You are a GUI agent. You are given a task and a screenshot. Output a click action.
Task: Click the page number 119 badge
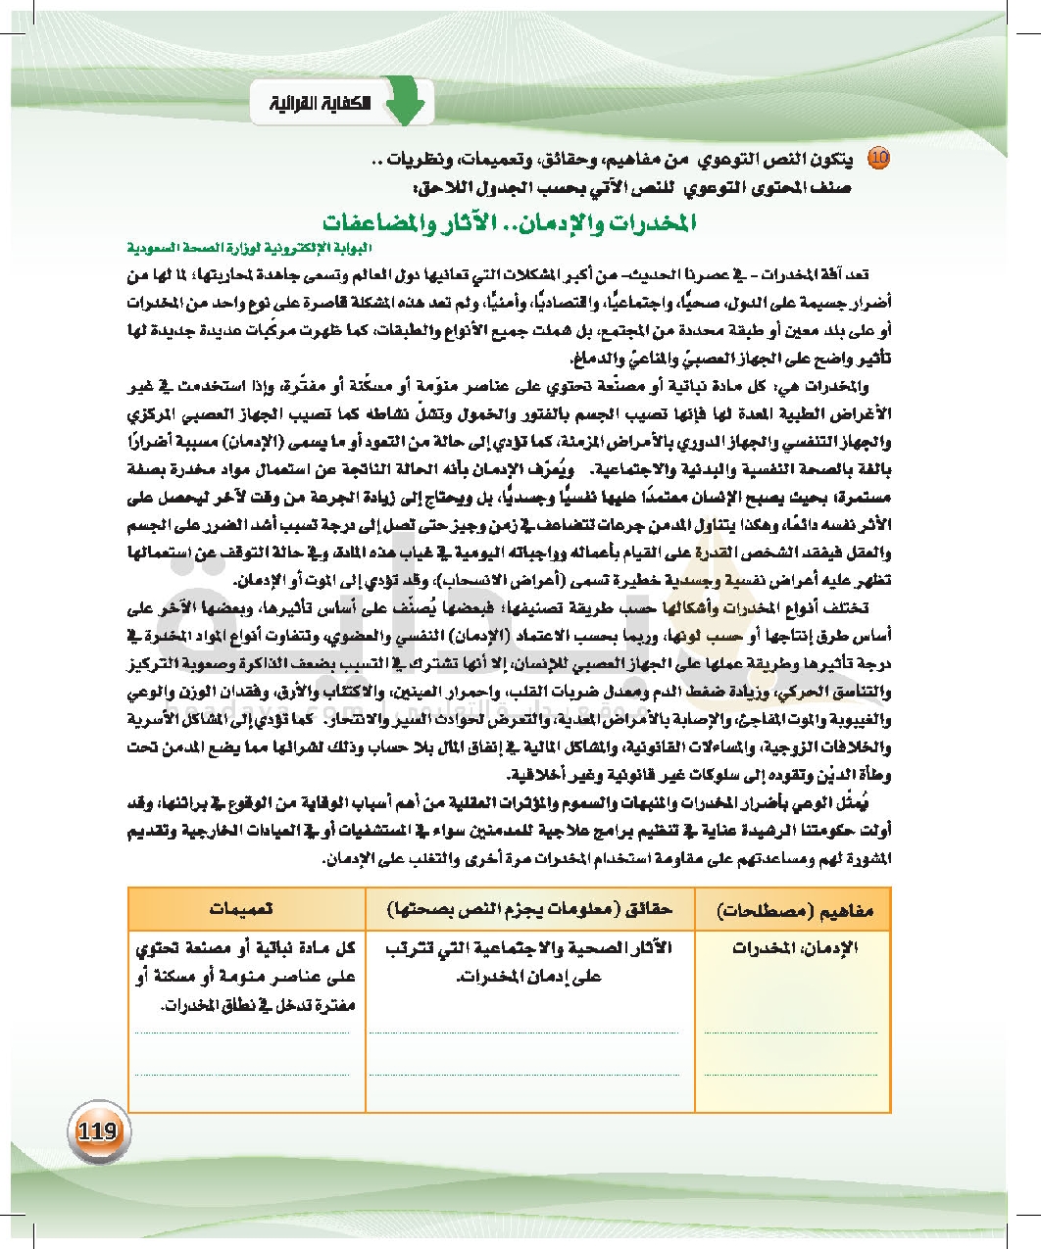[x=96, y=1132]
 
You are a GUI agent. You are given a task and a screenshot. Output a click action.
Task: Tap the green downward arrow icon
[x=405, y=101]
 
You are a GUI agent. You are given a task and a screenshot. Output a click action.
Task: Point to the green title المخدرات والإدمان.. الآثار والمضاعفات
[x=510, y=221]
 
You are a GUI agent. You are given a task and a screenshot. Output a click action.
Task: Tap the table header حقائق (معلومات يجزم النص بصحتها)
[x=529, y=908]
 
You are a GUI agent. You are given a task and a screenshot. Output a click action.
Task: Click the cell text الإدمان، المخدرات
[x=795, y=948]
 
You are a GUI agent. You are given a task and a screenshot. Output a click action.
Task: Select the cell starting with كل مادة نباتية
[x=247, y=977]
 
